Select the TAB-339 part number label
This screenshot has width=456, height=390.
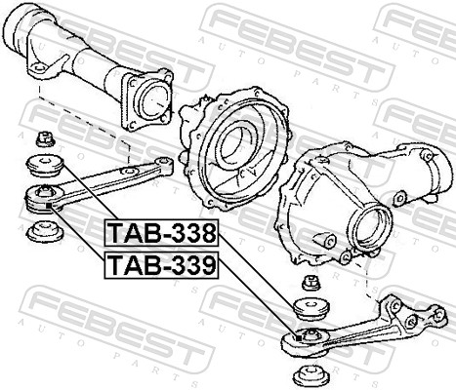(161, 265)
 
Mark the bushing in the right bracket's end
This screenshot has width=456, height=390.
(305, 337)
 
